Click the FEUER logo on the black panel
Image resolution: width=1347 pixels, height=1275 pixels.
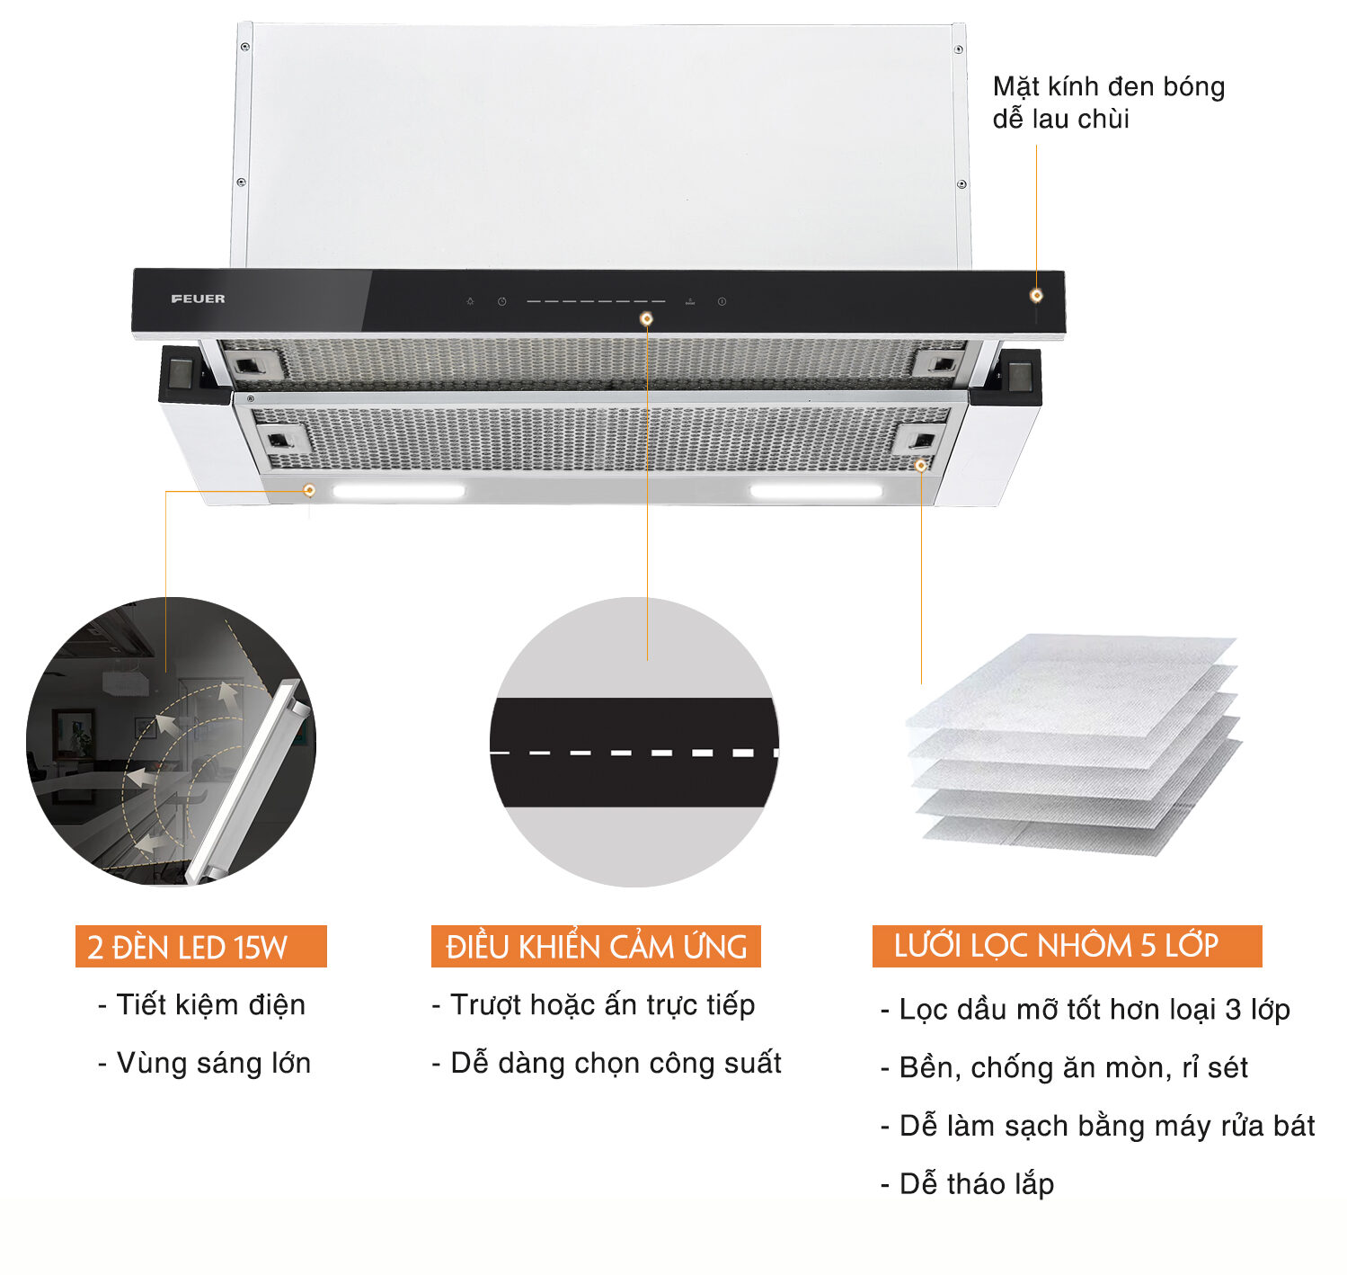(x=198, y=299)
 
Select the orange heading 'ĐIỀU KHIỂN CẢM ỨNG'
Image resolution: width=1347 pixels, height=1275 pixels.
(x=596, y=947)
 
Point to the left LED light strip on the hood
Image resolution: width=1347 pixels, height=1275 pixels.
(x=399, y=491)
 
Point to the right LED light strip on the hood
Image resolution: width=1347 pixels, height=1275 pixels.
(x=816, y=491)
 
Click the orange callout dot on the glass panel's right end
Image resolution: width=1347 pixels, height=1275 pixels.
(x=1036, y=295)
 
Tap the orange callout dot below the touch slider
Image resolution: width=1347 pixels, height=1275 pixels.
(x=646, y=318)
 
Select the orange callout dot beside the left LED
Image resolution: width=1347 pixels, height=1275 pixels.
(x=309, y=490)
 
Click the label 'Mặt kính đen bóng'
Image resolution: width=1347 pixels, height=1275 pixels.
(x=1108, y=86)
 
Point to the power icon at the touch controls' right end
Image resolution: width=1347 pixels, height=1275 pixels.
(x=722, y=302)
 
